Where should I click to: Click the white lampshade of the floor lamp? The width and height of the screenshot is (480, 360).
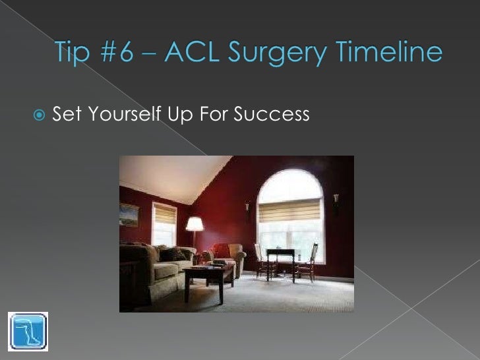click(195, 224)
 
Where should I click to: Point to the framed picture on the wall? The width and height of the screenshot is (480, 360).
click(129, 215)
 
